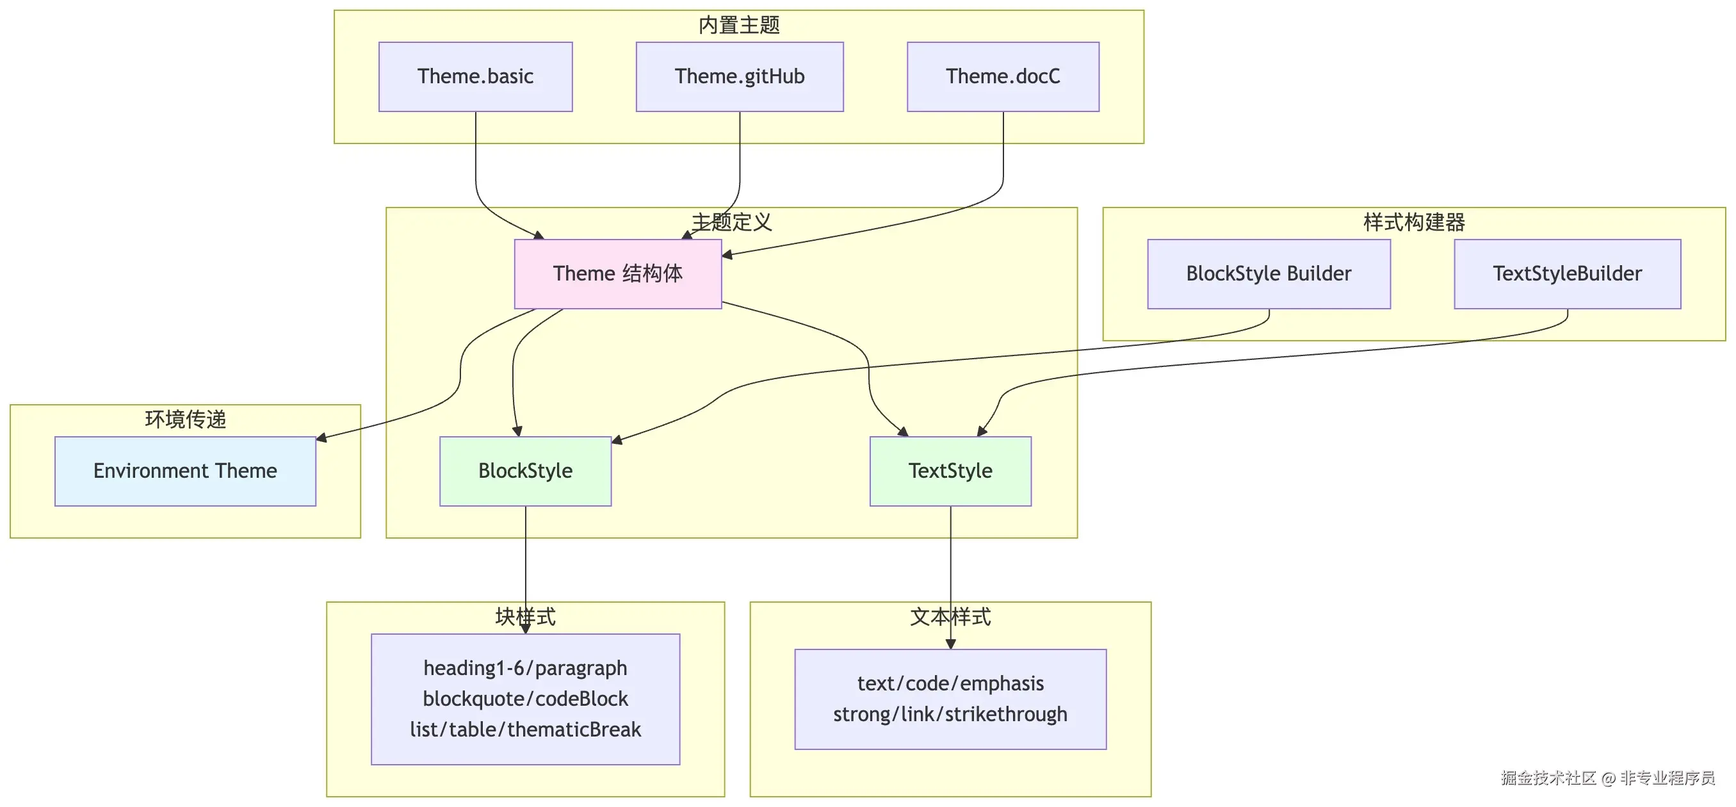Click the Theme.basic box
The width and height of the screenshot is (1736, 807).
click(x=475, y=77)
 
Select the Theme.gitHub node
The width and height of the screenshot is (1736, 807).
click(x=739, y=77)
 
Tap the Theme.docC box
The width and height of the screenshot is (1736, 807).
click(x=1003, y=77)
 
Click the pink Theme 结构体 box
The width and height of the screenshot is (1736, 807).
click(x=617, y=273)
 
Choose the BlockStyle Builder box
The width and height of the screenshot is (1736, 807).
click(x=1269, y=273)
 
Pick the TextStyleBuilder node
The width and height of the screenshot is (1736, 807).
click(x=1567, y=273)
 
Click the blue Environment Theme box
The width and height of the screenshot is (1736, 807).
click(x=184, y=471)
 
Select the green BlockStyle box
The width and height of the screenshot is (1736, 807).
click(x=525, y=471)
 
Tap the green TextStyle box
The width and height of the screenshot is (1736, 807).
click(x=950, y=471)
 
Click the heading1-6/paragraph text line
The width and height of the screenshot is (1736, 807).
click(x=525, y=668)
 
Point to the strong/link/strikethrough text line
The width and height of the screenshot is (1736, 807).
click(x=950, y=714)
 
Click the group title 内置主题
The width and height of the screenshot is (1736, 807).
click(x=738, y=25)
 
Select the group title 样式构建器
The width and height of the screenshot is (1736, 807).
click(x=1414, y=222)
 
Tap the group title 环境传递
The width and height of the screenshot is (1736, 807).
click(x=184, y=420)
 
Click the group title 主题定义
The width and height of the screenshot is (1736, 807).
click(x=731, y=222)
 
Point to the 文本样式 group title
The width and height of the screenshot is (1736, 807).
click(x=950, y=616)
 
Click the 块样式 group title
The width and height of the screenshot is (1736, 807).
click(x=525, y=616)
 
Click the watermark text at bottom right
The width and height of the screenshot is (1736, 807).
click(x=1607, y=778)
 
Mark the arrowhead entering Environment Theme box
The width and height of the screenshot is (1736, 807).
click(x=321, y=438)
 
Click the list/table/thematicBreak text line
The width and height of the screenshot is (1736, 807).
click(x=525, y=730)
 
